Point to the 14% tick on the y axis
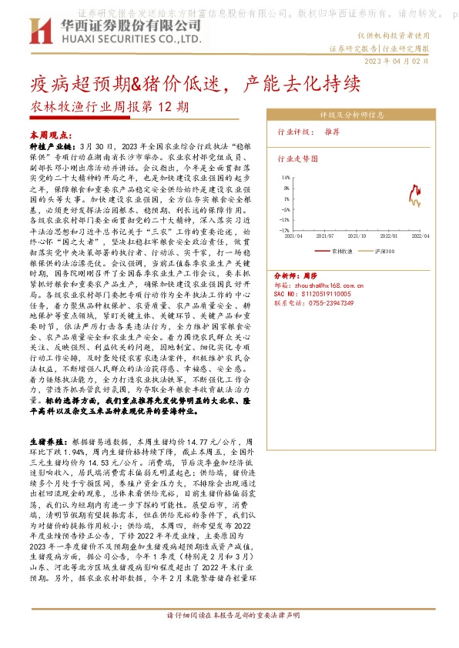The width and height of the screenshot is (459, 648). tap(285, 178)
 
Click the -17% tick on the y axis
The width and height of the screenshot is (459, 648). tap(284, 229)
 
